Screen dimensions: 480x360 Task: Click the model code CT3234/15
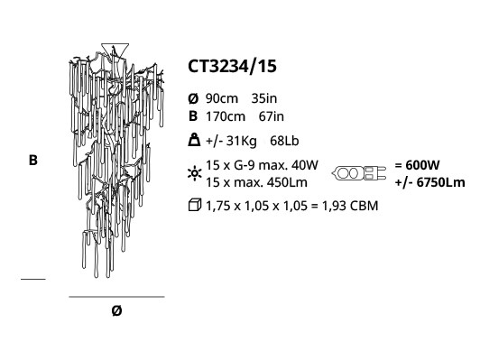point(232,67)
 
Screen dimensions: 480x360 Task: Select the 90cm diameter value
point(222,98)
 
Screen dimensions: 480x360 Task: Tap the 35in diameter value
point(263,98)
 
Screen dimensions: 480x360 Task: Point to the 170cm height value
point(226,116)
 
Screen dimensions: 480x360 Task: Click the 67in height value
point(272,116)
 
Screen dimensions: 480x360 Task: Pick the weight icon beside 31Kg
point(194,140)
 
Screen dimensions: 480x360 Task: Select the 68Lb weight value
point(284,141)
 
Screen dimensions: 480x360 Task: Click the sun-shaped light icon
point(194,173)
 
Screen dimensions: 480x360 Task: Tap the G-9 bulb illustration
point(359,173)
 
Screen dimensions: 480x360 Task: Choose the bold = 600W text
point(417,165)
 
